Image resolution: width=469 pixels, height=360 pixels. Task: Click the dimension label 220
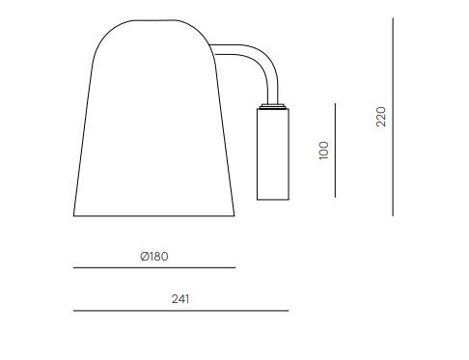coord(381,117)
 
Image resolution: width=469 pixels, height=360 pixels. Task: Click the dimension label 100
coord(323,151)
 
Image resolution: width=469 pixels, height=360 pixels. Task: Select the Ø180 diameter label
coord(154,257)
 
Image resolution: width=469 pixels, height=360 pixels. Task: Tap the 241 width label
coord(180,299)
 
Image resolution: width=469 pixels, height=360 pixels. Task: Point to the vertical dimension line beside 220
coord(393,117)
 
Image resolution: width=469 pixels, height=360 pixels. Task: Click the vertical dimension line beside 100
coord(335,151)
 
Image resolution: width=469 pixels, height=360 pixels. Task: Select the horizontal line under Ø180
coord(154,267)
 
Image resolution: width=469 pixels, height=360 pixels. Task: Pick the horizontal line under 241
coord(181,311)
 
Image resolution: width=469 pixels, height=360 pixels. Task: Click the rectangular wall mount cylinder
coord(273,154)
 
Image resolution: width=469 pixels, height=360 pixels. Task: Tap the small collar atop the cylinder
coord(273,106)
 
